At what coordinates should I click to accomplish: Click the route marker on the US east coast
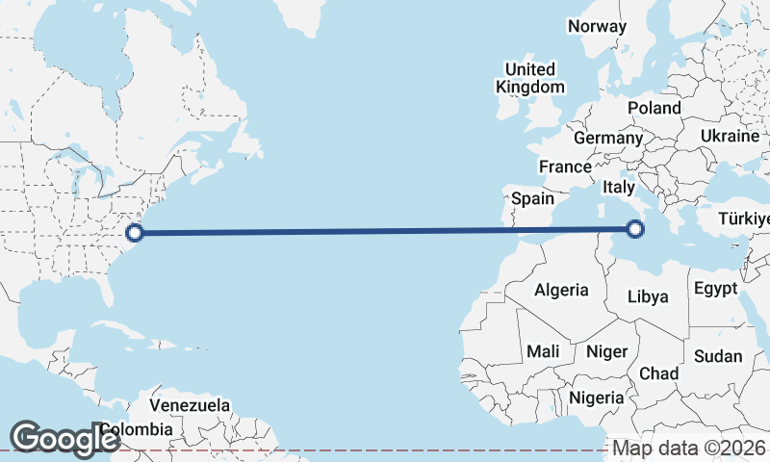136,232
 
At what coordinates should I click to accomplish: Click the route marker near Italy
635,228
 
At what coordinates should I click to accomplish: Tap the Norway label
597,26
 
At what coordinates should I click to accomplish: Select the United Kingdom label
530,78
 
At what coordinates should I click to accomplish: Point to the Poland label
654,108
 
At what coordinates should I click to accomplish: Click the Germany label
607,138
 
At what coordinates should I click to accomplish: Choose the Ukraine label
730,136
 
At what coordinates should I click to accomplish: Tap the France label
565,167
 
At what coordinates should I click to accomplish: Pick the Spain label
532,198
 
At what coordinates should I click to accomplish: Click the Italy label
618,187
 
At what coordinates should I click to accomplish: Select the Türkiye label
744,218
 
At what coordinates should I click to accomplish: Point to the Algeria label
560,290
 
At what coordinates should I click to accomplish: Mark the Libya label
647,296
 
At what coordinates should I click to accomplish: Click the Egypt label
715,288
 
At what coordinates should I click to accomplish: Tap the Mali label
543,351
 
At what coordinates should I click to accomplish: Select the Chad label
658,372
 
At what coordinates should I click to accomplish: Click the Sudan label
718,356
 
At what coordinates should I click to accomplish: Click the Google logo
64,439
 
